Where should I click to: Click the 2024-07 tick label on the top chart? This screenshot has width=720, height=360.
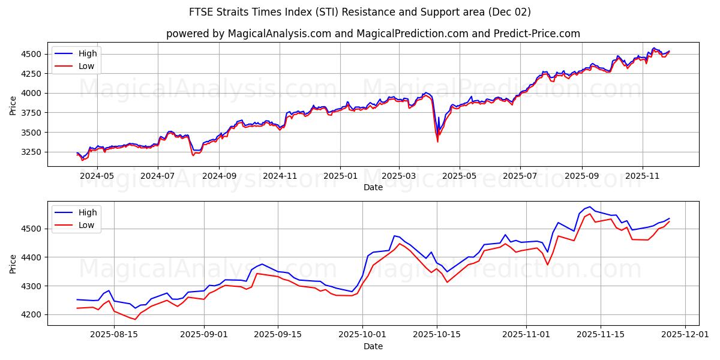point(157,176)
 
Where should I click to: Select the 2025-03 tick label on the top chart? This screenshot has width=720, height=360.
point(399,176)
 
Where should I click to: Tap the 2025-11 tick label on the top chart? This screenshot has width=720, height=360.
point(642,176)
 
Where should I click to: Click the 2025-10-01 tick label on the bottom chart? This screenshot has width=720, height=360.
point(362,335)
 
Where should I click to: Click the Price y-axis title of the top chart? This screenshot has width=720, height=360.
point(13,105)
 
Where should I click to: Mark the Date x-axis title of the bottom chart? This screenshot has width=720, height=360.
point(373,346)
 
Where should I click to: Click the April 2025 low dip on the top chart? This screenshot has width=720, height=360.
point(437,141)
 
